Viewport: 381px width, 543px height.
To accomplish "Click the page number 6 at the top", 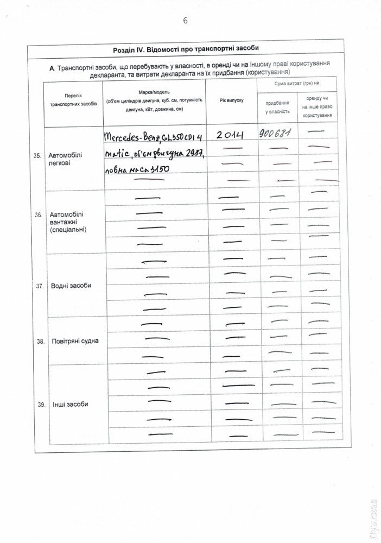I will (x=186, y=21).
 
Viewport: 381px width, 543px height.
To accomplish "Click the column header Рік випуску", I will (x=231, y=101).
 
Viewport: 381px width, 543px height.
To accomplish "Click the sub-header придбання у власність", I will (x=277, y=107).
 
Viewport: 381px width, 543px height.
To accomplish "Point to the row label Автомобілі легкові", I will (x=67, y=159).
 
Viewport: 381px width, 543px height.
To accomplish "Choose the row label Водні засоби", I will (x=71, y=286).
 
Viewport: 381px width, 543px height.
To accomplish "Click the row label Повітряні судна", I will (x=75, y=342).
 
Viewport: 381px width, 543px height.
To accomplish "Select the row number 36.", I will (x=38, y=215).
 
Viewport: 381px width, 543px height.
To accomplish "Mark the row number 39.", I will (x=40, y=405).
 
